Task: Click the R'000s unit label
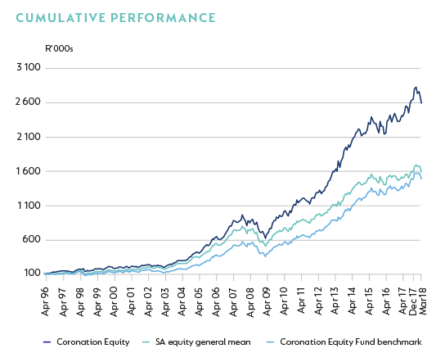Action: pyautogui.click(x=58, y=48)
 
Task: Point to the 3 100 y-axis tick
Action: pyautogui.click(x=28, y=68)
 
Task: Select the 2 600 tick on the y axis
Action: pyautogui.click(x=28, y=102)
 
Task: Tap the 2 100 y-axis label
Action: pyautogui.click(x=28, y=137)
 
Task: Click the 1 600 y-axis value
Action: pyautogui.click(x=28, y=171)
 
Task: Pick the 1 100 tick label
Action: pyautogui.click(x=28, y=206)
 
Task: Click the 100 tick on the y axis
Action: pyautogui.click(x=31, y=274)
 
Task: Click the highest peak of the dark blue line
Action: pyautogui.click(x=416, y=87)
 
